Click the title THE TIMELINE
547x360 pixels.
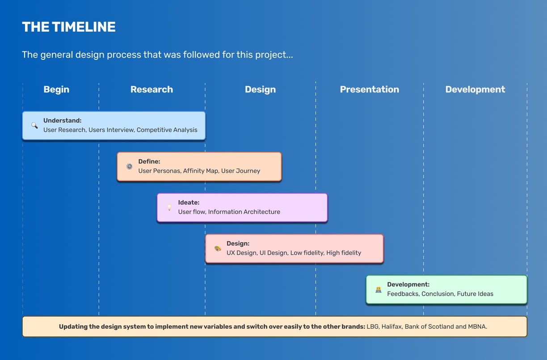69,27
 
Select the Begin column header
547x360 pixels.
56,90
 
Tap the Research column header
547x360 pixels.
151,89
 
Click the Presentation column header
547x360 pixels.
370,89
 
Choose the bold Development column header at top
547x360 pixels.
475,90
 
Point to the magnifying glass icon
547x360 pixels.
34,125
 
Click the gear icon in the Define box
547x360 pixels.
130,167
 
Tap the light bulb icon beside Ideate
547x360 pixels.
169,207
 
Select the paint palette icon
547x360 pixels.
218,248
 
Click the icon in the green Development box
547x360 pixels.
378,290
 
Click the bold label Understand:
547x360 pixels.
63,121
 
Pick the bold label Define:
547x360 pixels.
149,162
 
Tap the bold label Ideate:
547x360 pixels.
189,203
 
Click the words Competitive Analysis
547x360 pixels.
167,130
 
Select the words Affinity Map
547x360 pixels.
201,171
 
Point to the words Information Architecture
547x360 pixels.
244,212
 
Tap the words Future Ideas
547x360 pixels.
475,294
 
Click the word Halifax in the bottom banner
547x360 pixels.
391,327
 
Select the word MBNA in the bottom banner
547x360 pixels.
477,327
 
